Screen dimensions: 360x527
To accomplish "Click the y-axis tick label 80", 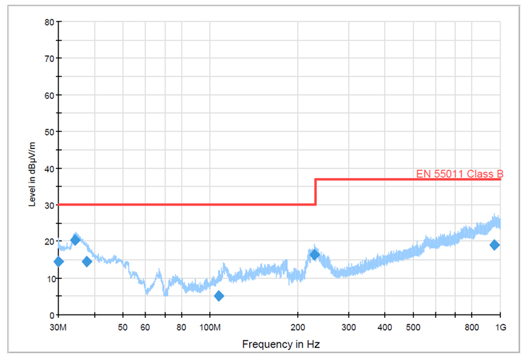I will point(48,22).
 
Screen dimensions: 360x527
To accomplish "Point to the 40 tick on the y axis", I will point(48,168).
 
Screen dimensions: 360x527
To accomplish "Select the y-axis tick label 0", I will point(50,315).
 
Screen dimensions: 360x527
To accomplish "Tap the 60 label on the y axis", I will point(48,95).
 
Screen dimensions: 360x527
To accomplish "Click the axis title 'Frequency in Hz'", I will point(279,344).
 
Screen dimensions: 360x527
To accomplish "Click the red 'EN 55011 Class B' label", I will point(460,174).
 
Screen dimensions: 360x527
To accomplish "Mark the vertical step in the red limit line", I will point(316,192).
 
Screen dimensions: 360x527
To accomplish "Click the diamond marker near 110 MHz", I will point(219,296).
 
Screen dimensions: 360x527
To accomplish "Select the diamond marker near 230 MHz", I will point(314,255).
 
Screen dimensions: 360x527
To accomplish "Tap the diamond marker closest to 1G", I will point(494,245).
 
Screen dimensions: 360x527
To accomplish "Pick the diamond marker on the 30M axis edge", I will point(59,262).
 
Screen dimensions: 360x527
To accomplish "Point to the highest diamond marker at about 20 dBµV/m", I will point(75,240).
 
